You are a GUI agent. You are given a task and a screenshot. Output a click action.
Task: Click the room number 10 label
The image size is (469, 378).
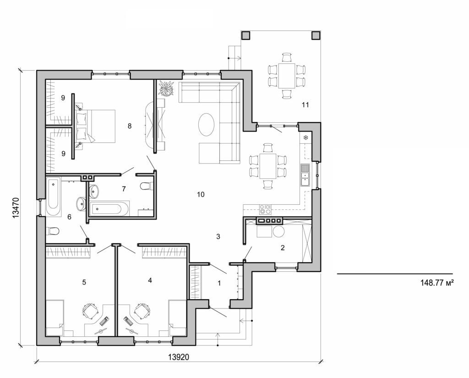tap(200, 194)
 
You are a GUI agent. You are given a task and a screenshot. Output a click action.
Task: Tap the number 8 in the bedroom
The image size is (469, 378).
tap(130, 126)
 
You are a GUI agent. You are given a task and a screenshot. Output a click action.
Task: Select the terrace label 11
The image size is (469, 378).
tap(305, 105)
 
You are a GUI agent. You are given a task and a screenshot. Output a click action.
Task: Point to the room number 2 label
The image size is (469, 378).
tap(283, 248)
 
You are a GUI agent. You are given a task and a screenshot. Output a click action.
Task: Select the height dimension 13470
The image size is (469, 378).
tap(15, 208)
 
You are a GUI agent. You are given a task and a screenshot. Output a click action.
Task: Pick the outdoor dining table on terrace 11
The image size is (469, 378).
tap(287, 76)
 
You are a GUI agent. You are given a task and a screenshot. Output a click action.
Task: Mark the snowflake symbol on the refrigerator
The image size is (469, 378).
tap(305, 137)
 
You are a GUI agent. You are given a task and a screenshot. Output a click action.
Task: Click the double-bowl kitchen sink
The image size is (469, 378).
tap(305, 174)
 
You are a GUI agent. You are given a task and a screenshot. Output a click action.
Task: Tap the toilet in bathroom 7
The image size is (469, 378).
tap(145, 186)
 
